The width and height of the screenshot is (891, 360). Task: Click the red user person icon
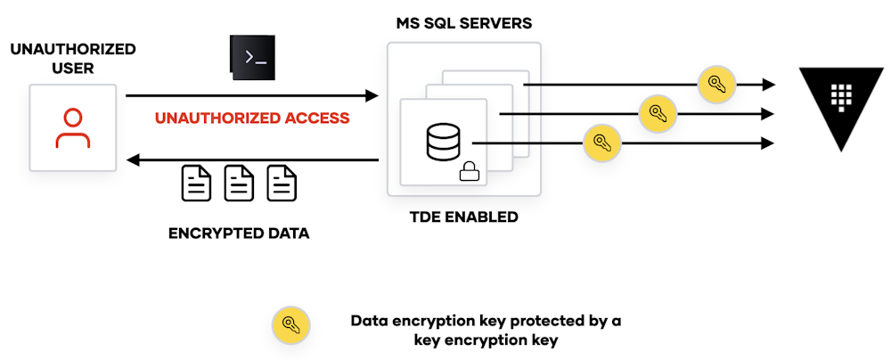72,127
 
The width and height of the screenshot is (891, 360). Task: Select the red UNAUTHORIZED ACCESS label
252,118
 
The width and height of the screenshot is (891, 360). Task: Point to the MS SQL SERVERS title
463,22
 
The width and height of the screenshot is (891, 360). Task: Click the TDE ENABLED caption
463,217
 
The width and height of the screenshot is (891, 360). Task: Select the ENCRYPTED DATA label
239,234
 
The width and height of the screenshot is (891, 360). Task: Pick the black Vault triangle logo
835,103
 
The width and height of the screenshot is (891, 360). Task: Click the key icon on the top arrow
716,85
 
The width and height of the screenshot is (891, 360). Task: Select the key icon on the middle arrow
658,113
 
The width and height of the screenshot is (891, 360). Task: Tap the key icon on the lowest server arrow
601,143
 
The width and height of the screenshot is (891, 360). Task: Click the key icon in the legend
290,325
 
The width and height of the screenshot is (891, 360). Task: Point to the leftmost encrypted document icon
197,183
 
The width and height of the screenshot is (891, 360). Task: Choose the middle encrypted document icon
239,183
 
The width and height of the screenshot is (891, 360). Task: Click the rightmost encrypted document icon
282,183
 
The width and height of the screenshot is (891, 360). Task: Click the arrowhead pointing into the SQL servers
372,94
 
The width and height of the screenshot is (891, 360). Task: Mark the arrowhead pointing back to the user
134,160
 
